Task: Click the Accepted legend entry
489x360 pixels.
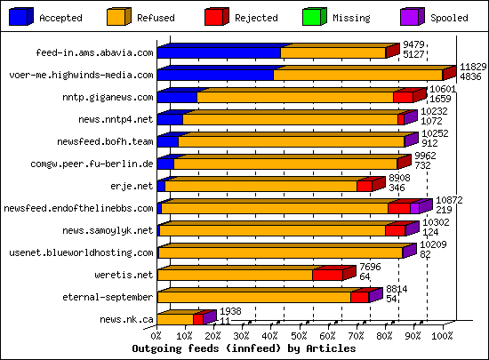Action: pyautogui.click(x=49, y=17)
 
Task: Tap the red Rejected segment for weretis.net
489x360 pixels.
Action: pyautogui.click(x=327, y=276)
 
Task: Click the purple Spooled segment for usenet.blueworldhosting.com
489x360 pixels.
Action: pyautogui.click(x=409, y=252)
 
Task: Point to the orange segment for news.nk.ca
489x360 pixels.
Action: pyautogui.click(x=174, y=319)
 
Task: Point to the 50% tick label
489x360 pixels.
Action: pyautogui.click(x=299, y=337)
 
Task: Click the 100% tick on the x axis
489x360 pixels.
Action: pyautogui.click(x=442, y=337)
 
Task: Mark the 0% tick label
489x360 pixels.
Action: pyautogui.click(x=156, y=337)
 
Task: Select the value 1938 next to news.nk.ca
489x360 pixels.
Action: pyautogui.click(x=230, y=311)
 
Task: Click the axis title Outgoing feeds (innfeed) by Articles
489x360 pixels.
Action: pyautogui.click(x=244, y=349)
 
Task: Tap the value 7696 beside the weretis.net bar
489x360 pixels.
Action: pyautogui.click(x=371, y=267)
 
